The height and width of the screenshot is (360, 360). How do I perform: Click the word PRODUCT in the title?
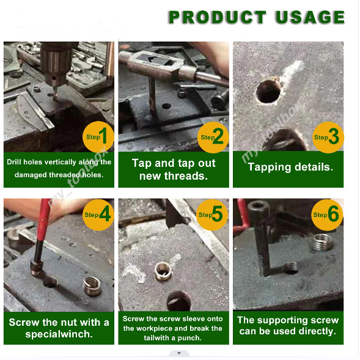point(218,17)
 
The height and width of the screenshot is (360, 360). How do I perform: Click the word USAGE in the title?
point(310,17)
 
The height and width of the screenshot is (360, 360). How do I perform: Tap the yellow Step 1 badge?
point(98,137)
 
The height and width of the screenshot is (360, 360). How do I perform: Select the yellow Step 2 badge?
point(213,138)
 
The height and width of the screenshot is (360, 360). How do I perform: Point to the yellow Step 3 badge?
point(328,138)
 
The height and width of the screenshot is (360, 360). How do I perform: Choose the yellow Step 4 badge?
point(98,215)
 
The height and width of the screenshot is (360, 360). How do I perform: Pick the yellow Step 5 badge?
point(212,215)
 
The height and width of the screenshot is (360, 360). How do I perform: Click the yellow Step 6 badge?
point(327,215)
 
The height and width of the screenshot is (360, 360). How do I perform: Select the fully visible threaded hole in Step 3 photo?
point(268,92)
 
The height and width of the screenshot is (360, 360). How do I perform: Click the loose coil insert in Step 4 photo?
point(92,286)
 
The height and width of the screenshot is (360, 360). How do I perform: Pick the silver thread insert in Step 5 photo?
point(163,271)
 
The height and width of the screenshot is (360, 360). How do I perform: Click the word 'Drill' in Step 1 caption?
point(14,162)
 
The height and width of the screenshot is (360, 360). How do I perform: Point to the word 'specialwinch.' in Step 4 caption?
point(59,334)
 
